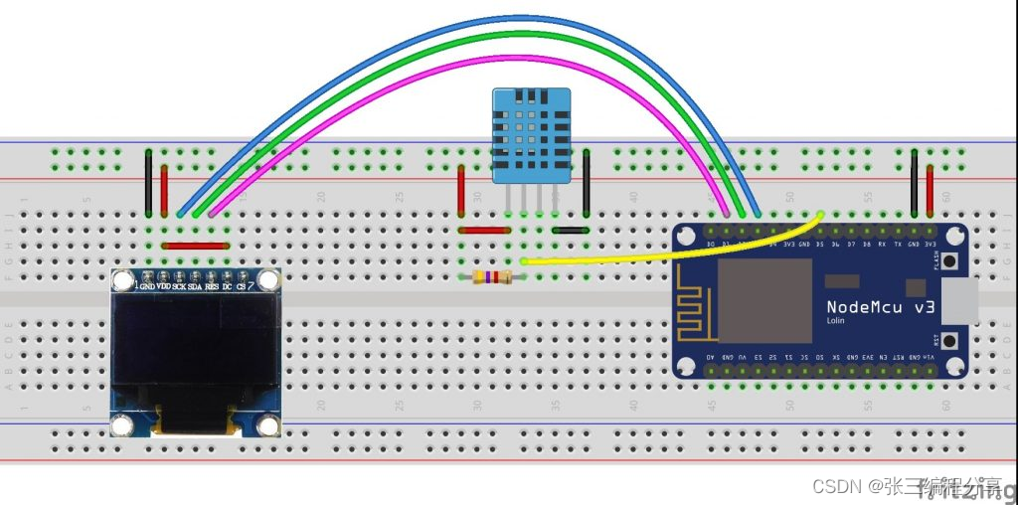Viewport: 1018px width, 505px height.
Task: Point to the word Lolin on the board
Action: click(837, 321)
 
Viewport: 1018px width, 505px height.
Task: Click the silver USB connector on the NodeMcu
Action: click(960, 300)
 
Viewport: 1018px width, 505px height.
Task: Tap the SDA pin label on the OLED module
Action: click(195, 286)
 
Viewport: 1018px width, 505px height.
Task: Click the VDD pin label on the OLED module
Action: click(163, 286)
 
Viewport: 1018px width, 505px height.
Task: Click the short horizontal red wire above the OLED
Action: click(195, 245)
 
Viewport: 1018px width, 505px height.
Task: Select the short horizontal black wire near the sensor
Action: click(570, 230)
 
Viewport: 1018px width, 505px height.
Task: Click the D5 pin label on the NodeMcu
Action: click(821, 243)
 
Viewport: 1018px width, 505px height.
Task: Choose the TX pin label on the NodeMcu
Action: click(899, 243)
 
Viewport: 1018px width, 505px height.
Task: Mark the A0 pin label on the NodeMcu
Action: click(711, 356)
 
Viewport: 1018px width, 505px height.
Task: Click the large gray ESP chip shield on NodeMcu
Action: click(765, 301)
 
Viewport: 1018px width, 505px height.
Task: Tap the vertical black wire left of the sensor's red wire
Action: click(148, 183)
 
